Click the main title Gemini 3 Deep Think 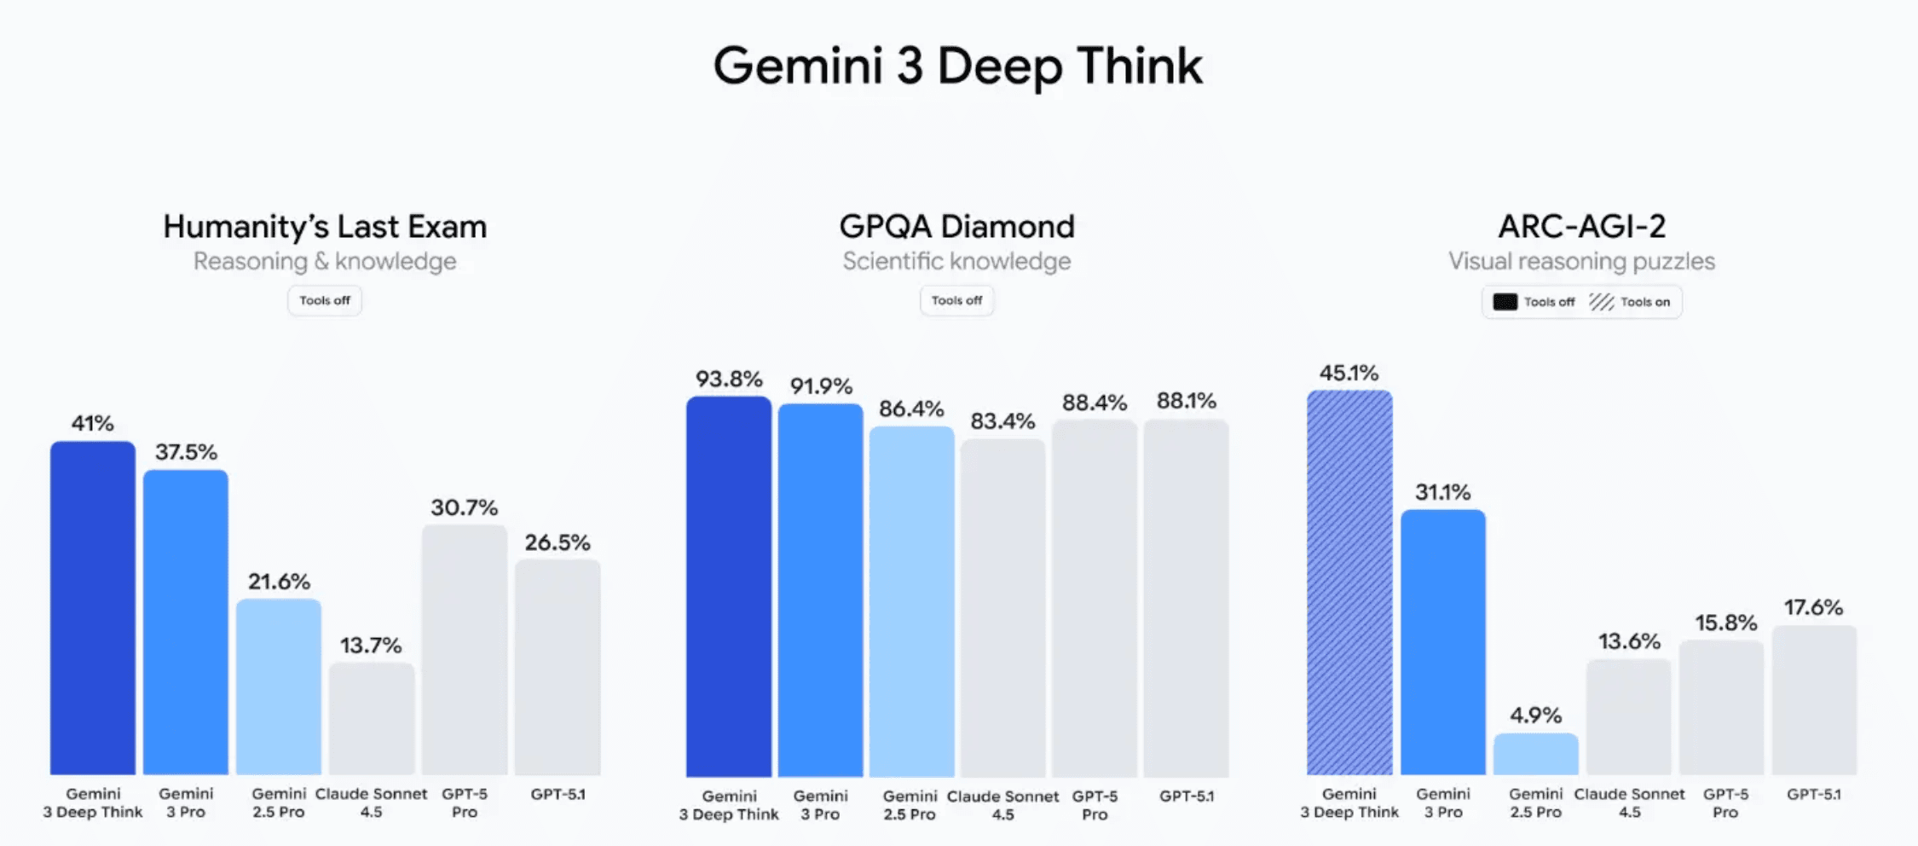point(957,66)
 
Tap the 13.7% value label point(371,646)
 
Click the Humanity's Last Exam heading point(325,227)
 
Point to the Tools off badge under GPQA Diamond point(956,300)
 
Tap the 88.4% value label point(1095,403)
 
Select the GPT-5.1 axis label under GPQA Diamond point(1187,797)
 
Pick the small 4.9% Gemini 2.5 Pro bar point(1536,754)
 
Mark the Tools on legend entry point(1630,302)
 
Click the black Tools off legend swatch point(1505,302)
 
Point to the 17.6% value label point(1814,607)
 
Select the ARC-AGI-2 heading point(1581,227)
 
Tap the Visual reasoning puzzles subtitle point(1581,261)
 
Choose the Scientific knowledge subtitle point(956,261)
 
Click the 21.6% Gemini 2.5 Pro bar point(279,687)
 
